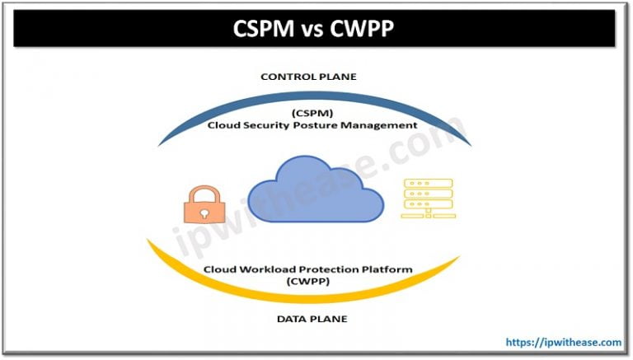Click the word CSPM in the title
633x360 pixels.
[x=260, y=30]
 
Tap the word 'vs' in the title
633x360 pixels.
[x=311, y=30]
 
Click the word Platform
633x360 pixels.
[x=389, y=269]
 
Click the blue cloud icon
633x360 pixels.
[x=316, y=189]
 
